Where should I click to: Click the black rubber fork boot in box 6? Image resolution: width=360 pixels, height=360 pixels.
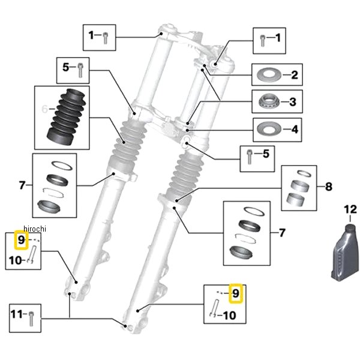point(66,117)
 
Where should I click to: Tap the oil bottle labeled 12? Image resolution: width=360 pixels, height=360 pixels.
point(345,253)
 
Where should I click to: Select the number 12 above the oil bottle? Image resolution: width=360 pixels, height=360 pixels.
point(350,209)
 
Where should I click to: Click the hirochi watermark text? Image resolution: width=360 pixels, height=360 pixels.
point(35,229)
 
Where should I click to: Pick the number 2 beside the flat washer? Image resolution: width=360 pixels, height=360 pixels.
point(295,75)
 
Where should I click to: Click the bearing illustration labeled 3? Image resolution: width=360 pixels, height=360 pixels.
point(269,101)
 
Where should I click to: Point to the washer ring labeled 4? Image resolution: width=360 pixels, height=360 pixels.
point(269,129)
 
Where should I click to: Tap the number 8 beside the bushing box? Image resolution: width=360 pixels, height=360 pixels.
point(329,187)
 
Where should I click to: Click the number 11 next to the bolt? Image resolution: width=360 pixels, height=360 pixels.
point(17,314)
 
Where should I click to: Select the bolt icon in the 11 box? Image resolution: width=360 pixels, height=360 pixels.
point(31,319)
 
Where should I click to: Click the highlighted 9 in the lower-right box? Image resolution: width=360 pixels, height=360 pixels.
point(236,293)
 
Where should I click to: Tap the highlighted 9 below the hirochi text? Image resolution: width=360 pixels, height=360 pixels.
point(21,240)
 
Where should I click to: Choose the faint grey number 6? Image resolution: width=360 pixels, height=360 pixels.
point(45,109)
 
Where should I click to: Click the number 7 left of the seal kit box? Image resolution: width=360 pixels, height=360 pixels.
point(22,185)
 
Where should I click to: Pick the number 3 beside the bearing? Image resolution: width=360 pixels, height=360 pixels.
point(293,102)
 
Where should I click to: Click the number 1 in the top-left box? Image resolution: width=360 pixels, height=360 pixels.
point(91,35)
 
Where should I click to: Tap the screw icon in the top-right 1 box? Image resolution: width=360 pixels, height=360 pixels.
point(262,41)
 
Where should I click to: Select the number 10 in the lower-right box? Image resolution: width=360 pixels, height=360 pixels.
point(230,316)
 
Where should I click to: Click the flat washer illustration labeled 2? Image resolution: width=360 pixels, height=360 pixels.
point(269,74)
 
